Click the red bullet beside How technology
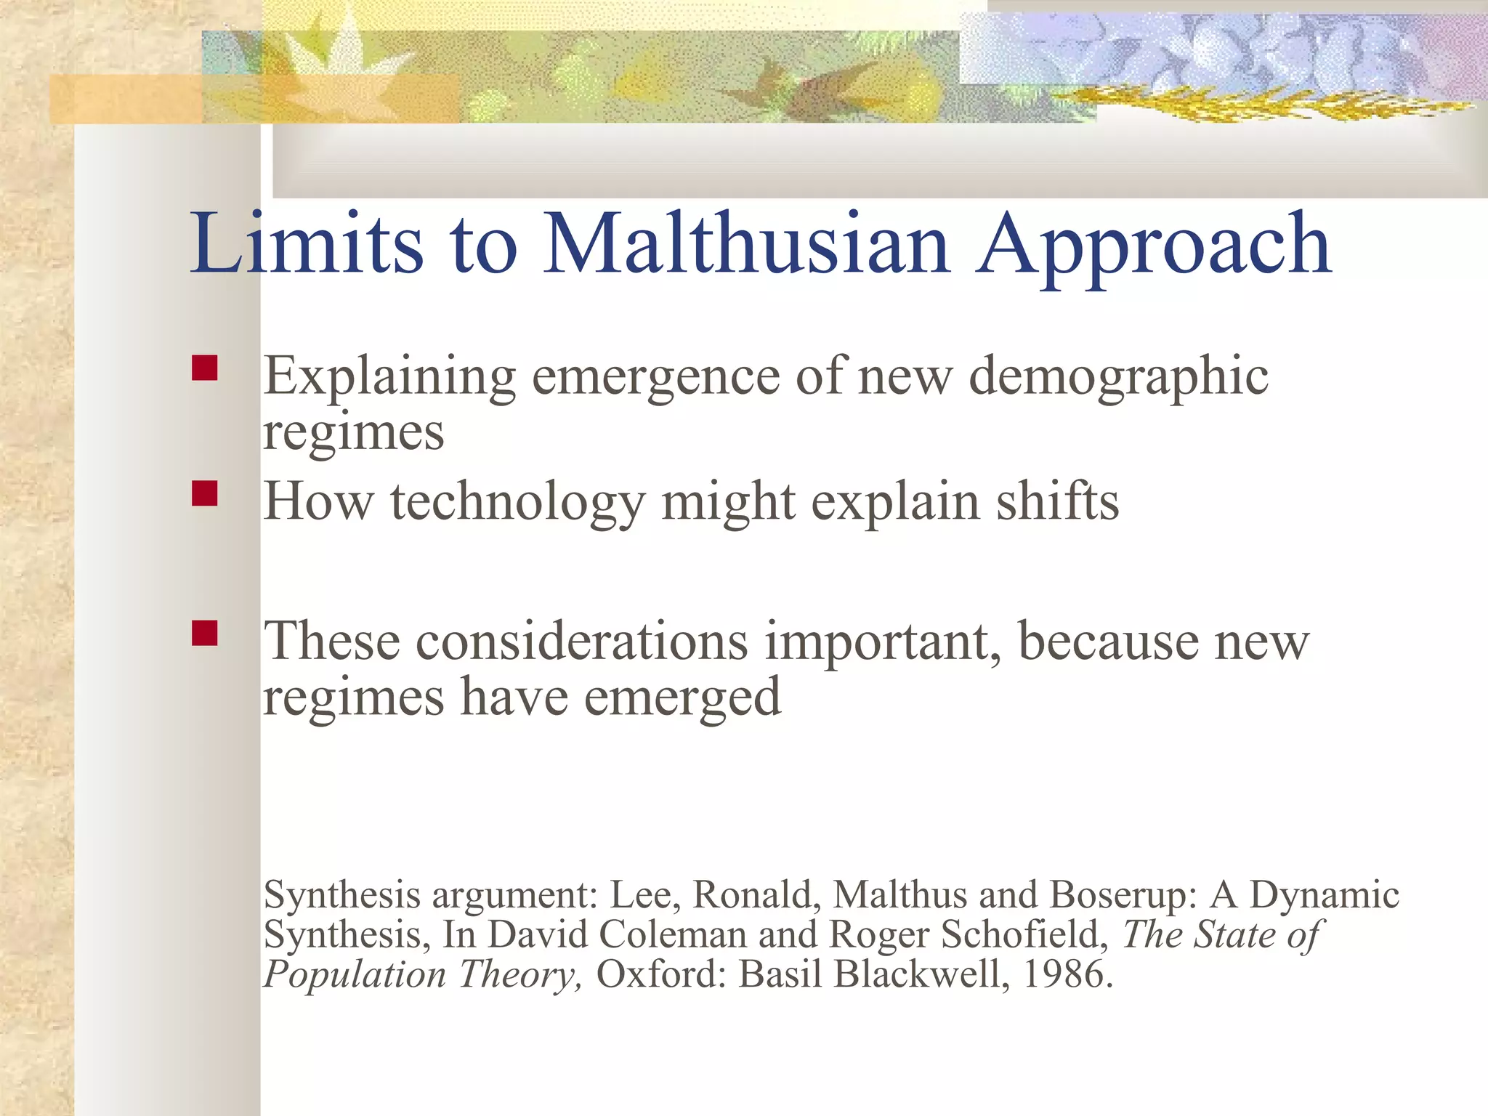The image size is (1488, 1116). coord(205,493)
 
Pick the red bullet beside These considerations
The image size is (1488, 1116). coord(205,633)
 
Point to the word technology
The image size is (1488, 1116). coord(517,504)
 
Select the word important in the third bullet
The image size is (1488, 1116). coord(882,642)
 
